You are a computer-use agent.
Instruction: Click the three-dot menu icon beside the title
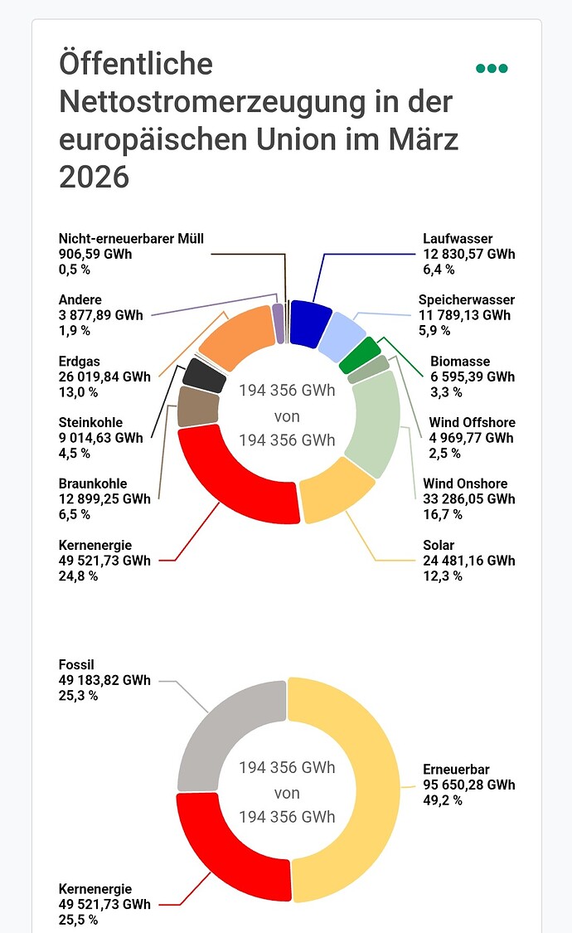click(x=492, y=68)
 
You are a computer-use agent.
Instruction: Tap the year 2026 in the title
click(x=95, y=177)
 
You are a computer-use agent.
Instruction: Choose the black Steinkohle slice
click(x=205, y=375)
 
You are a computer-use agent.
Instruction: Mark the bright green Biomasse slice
click(x=360, y=354)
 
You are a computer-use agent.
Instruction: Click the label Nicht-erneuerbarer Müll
click(x=131, y=239)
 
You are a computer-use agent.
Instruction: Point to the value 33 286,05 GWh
click(x=468, y=498)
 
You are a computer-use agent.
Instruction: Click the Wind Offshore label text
click(x=472, y=423)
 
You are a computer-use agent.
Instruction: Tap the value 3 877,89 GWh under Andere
click(x=100, y=315)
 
